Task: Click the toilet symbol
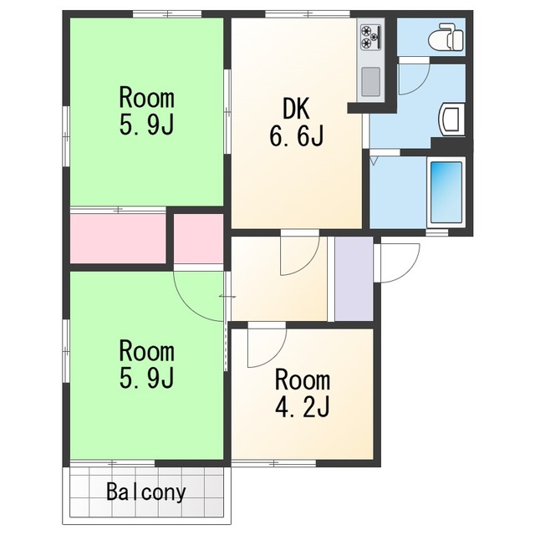coord(446,36)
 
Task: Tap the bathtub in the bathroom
coord(446,192)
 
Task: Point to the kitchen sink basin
coord(370,82)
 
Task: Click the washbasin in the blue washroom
coord(452,120)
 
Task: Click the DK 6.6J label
coord(297,122)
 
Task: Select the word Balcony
coord(146,492)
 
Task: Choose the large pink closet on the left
coord(118,238)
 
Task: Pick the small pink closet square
coord(199,238)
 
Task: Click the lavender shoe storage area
coord(354,278)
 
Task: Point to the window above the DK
coord(308,14)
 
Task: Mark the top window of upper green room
coord(167,14)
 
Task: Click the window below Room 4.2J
coord(273,463)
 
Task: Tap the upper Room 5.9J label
coord(147,111)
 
